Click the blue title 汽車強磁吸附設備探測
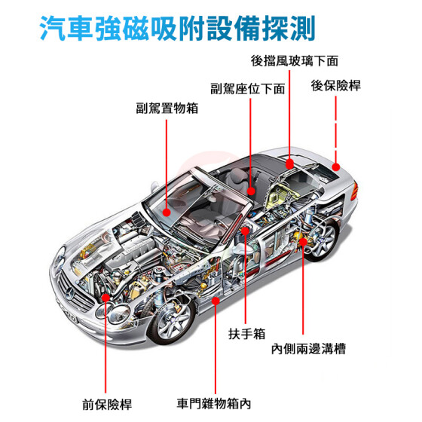click(x=178, y=29)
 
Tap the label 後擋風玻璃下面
click(x=295, y=61)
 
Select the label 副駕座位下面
click(x=248, y=89)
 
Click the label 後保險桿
click(x=336, y=86)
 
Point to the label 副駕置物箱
click(x=167, y=109)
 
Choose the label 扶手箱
click(x=247, y=334)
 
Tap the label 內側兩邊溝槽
click(x=308, y=349)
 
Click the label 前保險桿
click(x=107, y=405)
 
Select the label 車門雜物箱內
click(x=214, y=404)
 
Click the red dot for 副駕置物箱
click(x=167, y=213)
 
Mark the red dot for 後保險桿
click(x=336, y=167)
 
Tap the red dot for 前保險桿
click(x=105, y=298)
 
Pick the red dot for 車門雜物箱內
click(x=216, y=301)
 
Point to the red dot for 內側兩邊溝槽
click(x=303, y=242)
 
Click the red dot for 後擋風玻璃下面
click(x=289, y=164)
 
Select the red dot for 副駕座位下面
click(x=251, y=191)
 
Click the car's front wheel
click(x=173, y=321)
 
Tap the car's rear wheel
click(x=322, y=240)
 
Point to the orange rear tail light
click(x=354, y=191)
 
